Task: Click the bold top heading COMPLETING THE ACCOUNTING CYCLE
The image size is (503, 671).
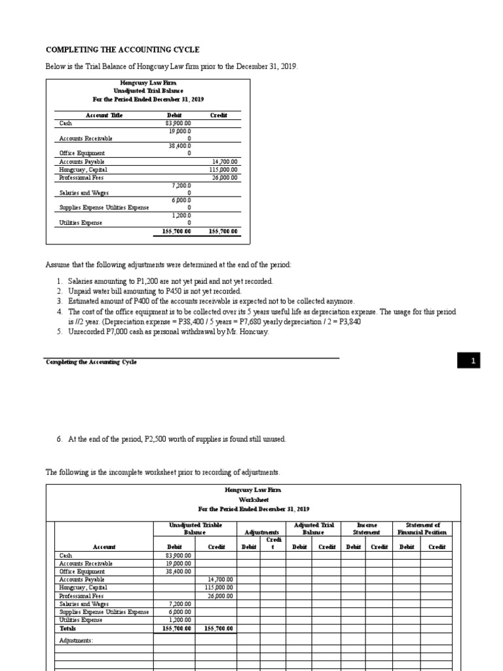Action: [122, 50]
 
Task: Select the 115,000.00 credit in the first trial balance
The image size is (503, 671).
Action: [224, 169]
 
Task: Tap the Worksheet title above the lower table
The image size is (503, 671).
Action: [253, 499]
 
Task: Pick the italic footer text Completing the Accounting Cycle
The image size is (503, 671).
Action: [91, 362]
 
